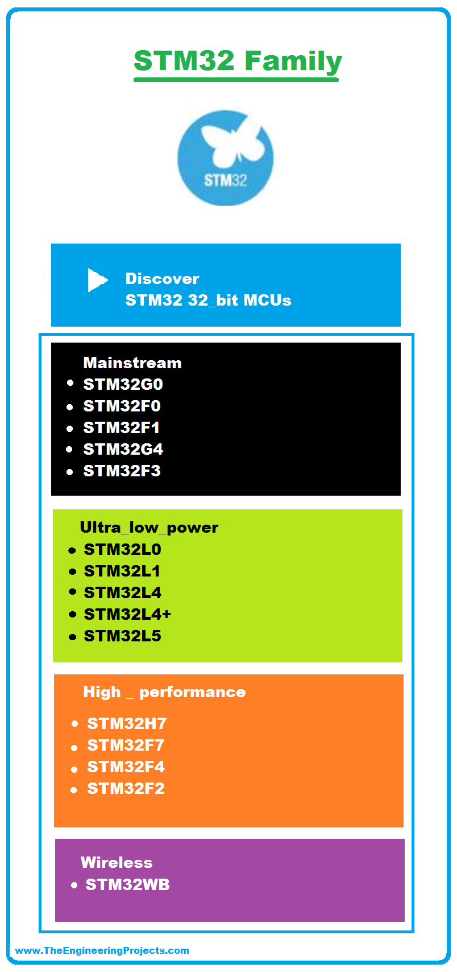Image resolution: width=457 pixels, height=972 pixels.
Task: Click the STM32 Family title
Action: [x=238, y=61]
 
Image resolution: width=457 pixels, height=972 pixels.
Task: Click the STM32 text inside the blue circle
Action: [x=226, y=180]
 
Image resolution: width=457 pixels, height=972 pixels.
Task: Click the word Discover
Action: [x=162, y=279]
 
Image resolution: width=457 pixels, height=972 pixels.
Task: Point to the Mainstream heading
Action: [x=132, y=363]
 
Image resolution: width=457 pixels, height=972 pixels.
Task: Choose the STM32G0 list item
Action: [x=123, y=385]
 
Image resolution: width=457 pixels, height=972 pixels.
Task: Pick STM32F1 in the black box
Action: [x=122, y=428]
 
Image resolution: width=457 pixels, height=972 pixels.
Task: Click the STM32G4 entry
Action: [x=123, y=450]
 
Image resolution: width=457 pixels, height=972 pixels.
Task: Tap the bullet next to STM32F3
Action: [x=70, y=472]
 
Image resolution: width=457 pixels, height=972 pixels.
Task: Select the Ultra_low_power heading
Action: [x=149, y=528]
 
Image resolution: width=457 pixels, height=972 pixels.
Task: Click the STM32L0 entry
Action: [x=122, y=549]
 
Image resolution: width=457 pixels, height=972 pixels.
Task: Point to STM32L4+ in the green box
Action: [x=127, y=615]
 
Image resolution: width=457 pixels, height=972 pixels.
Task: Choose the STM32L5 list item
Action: [x=122, y=636]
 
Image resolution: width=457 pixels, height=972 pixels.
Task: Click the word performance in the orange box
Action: [x=193, y=693]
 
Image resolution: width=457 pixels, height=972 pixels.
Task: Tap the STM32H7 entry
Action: [x=127, y=723]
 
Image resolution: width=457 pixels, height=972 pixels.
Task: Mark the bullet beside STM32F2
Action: [x=74, y=790]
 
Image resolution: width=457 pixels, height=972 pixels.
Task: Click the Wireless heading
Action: [x=117, y=862]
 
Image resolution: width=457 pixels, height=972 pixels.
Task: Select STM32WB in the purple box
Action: [x=127, y=884]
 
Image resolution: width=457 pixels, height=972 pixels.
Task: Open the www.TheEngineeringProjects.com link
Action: [x=102, y=950]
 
